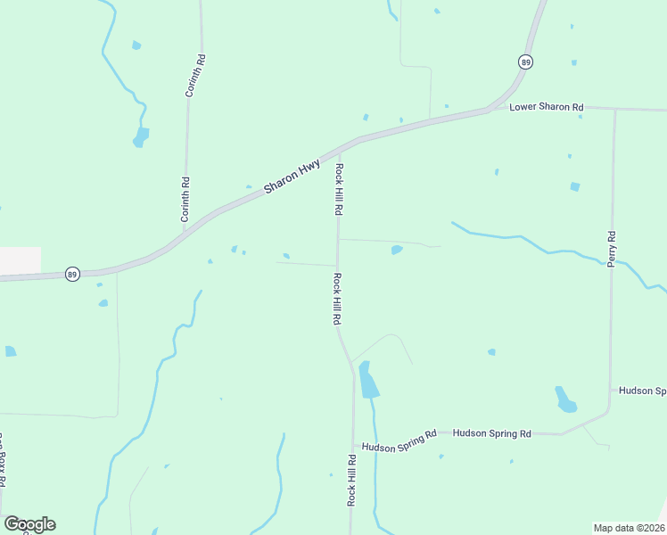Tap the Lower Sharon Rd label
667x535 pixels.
pyautogui.click(x=546, y=107)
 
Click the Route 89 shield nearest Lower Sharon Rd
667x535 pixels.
pyautogui.click(x=526, y=62)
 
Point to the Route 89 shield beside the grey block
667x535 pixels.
pyautogui.click(x=72, y=275)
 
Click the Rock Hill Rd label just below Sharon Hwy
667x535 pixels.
pyautogui.click(x=339, y=189)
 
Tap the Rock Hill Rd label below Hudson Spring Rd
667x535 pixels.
pyautogui.click(x=351, y=481)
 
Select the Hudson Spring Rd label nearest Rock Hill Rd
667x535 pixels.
pyautogui.click(x=399, y=440)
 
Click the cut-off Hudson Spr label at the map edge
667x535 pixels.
pyautogui.click(x=642, y=391)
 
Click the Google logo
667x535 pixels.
pyautogui.click(x=29, y=524)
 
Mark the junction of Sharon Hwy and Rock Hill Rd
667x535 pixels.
pyautogui.click(x=336, y=149)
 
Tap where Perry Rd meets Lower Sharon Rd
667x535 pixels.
pyautogui.click(x=614, y=110)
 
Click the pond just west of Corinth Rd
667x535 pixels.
pyautogui.click(x=141, y=136)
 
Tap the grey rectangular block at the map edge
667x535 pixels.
pyautogui.click(x=20, y=259)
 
